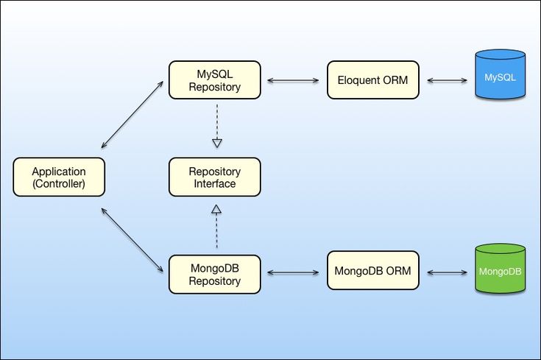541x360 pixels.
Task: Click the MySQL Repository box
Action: tap(214, 80)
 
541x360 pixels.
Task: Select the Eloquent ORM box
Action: tap(372, 80)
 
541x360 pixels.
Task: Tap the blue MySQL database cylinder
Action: tap(500, 75)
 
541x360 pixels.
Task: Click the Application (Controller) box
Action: tap(59, 177)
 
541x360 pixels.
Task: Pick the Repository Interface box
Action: tap(214, 177)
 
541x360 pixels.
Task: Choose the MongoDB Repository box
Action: tap(214, 274)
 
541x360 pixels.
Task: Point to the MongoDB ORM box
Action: tap(372, 272)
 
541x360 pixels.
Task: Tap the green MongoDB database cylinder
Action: tap(500, 269)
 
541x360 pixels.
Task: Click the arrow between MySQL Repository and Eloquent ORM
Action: tap(294, 80)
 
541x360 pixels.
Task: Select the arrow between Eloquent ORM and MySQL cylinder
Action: tap(446, 80)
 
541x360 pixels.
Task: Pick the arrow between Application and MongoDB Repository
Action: tap(132, 241)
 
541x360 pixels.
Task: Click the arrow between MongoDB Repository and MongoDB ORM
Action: tap(294, 272)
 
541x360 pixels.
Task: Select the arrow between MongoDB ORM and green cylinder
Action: tap(446, 272)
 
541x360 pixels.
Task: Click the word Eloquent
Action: tap(358, 80)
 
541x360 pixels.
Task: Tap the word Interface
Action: tap(214, 184)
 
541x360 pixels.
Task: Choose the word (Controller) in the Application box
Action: tap(59, 184)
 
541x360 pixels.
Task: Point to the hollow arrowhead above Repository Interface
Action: tap(216, 141)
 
